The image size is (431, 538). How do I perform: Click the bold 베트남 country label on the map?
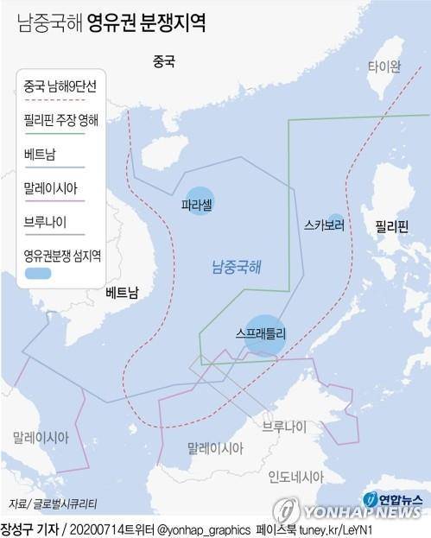point(121,292)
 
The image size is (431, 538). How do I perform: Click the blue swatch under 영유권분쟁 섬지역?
point(39,273)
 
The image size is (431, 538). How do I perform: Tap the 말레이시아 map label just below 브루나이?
point(214,448)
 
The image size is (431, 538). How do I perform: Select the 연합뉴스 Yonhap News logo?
point(393,503)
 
